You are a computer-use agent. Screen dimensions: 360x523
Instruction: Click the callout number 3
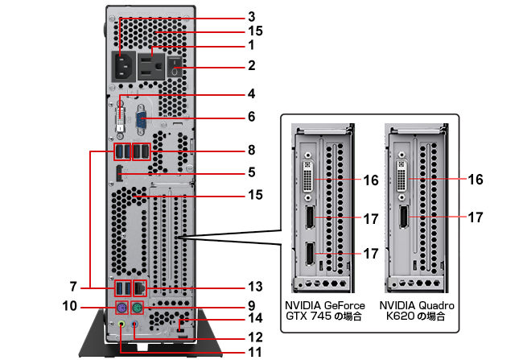point(251,16)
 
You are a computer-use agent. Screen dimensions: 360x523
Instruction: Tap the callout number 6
point(251,117)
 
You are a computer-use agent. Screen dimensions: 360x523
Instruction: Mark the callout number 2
point(251,64)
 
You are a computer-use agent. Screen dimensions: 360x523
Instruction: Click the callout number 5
point(251,172)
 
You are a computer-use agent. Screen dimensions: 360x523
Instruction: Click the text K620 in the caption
point(399,317)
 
